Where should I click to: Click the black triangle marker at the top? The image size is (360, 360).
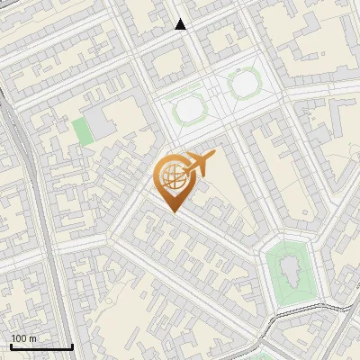181,24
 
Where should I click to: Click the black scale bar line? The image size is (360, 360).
41,346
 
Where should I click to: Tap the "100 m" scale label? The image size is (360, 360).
23,338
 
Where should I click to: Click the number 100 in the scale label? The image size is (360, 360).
19,338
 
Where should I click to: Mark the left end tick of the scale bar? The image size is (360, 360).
11,345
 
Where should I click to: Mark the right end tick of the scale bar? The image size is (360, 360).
72,345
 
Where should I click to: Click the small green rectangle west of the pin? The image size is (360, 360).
83,131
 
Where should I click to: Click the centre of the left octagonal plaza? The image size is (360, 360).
189,111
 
